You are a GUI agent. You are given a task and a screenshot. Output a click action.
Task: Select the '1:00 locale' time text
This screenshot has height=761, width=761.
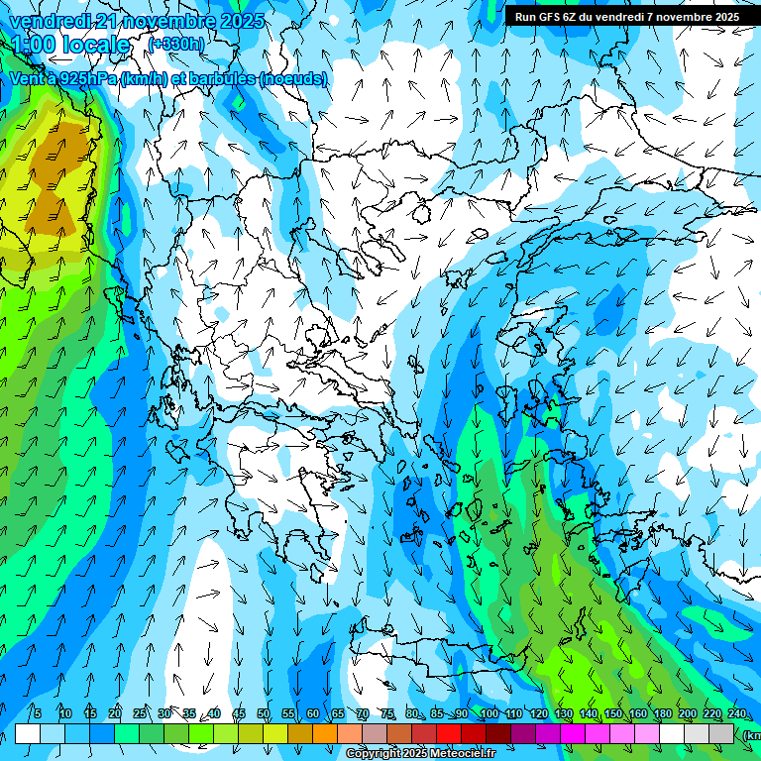[x=69, y=45]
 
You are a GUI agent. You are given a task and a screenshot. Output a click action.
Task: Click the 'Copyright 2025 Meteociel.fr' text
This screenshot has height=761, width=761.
[x=420, y=754]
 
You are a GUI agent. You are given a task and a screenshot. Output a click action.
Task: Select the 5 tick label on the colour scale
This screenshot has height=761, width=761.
[x=37, y=713]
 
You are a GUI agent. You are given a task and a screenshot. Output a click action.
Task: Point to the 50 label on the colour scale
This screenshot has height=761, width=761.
[x=264, y=713]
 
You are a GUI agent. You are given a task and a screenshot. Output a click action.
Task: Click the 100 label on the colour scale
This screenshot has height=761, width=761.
[x=489, y=713]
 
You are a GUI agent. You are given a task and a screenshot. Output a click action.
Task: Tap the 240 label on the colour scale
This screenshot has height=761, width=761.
[x=737, y=713]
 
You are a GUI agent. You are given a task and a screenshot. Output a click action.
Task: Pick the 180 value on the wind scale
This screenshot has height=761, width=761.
[x=662, y=713]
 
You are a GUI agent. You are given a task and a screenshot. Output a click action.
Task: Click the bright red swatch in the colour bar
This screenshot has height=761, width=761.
[x=449, y=733]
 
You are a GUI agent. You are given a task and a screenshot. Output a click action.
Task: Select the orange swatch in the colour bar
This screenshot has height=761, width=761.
[x=325, y=733]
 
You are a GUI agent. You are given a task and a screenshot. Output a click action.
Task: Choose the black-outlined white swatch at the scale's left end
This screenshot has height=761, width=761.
[x=28, y=733]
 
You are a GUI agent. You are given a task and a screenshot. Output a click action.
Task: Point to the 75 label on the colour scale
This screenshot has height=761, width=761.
[x=387, y=713]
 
